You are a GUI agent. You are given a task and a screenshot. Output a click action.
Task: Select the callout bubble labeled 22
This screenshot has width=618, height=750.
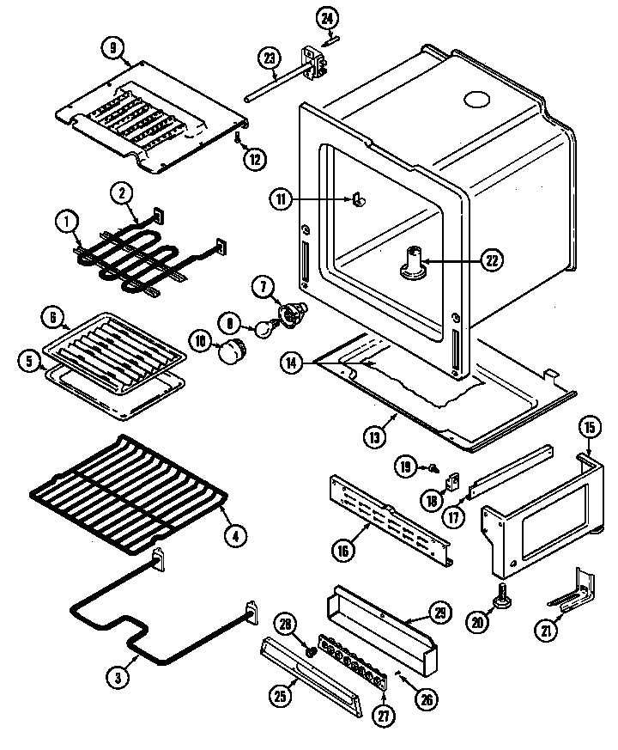point(491,258)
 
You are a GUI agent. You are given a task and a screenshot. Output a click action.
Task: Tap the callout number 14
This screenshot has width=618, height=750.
point(293,364)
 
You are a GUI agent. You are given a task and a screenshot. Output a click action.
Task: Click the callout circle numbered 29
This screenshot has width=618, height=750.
point(439,613)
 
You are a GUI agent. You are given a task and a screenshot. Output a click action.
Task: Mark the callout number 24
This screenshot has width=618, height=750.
point(327,17)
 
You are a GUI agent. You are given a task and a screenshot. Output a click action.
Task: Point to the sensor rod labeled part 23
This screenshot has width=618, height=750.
point(275,82)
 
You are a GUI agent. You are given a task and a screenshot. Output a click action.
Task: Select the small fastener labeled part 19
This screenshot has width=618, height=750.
point(435,468)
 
